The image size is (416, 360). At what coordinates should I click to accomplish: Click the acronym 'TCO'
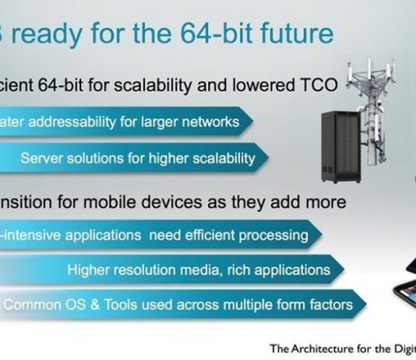point(319,86)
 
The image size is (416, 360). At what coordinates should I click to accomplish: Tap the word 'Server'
point(41,158)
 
